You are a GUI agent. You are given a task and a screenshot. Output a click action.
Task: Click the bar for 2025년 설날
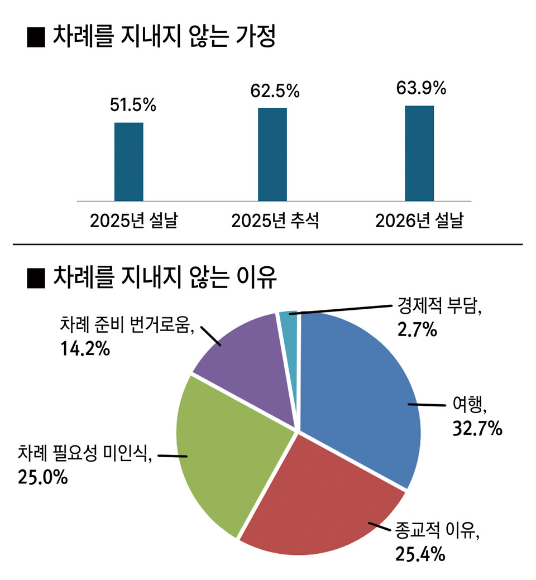point(129,161)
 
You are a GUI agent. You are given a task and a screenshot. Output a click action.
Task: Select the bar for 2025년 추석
point(272,154)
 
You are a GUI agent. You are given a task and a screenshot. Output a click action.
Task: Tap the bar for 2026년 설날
point(419,153)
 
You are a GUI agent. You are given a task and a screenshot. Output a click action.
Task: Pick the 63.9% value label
point(421,88)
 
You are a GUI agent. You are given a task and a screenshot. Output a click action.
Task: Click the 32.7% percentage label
point(476,429)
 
